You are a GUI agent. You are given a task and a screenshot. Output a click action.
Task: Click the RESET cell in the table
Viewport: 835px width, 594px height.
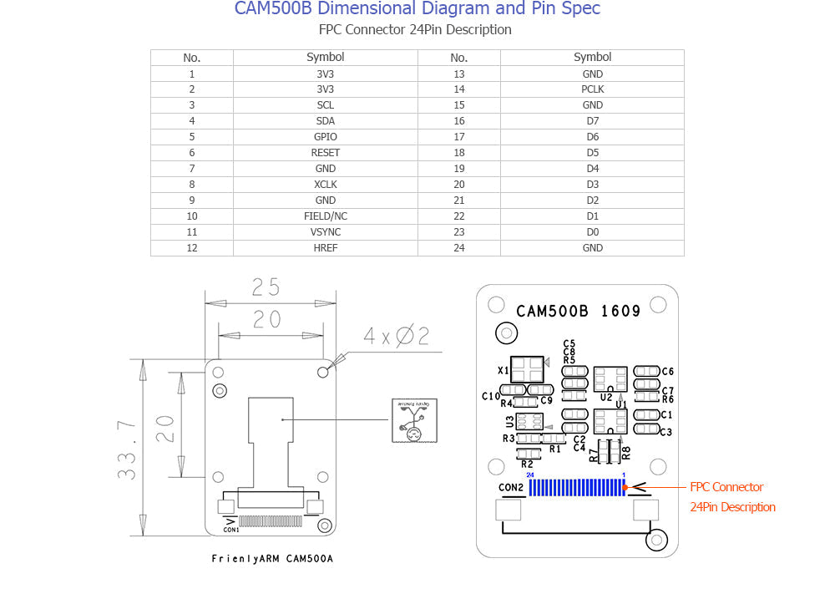point(326,153)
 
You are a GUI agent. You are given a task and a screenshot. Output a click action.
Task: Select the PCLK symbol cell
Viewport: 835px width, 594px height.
point(592,89)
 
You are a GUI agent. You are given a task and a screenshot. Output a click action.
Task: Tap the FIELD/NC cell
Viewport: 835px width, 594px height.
point(326,216)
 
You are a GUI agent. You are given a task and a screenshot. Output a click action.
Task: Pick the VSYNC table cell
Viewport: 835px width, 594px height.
point(326,232)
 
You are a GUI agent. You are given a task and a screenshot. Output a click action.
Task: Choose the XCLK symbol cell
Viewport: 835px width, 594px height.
point(326,185)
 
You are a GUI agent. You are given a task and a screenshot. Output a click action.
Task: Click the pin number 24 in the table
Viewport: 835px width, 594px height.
point(458,248)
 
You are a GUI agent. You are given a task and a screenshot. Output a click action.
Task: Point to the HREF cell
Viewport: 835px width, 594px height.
point(326,248)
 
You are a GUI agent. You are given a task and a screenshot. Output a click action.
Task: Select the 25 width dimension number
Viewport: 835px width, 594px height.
point(266,287)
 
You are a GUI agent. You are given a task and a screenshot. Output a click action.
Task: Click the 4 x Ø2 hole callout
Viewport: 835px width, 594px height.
point(396,336)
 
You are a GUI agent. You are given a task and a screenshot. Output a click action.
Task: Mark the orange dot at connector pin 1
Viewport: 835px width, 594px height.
point(625,487)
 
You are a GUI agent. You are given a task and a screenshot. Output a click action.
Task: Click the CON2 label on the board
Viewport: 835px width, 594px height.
point(511,487)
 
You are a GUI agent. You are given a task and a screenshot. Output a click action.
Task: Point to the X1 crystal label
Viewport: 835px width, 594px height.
point(504,370)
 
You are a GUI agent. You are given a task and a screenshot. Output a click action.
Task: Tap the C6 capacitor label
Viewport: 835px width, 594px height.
point(667,371)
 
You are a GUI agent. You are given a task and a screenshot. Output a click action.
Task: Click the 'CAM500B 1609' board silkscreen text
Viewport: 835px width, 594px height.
point(578,311)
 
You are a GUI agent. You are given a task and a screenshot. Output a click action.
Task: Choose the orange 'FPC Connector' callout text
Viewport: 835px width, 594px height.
point(726,487)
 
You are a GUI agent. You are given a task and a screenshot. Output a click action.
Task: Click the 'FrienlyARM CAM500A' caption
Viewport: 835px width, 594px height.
point(272,558)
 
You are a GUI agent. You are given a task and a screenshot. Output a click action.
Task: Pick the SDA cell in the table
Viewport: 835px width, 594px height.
point(326,121)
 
